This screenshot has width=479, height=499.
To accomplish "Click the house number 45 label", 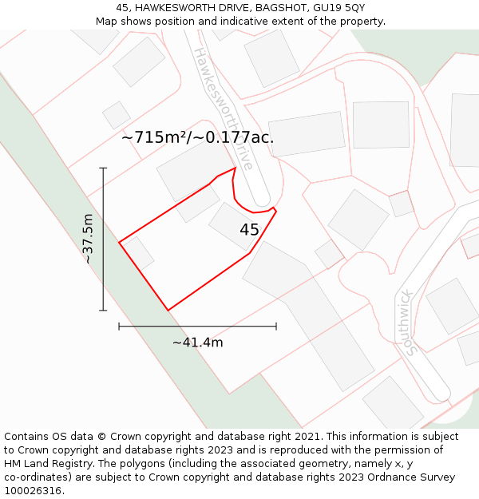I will pyautogui.click(x=249, y=230).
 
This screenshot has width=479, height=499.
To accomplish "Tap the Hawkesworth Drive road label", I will pyautogui.click(x=224, y=107).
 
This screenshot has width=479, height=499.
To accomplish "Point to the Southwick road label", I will pyautogui.click(x=408, y=322).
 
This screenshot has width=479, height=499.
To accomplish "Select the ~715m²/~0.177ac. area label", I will pyautogui.click(x=197, y=137).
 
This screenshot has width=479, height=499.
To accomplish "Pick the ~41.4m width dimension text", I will pyautogui.click(x=197, y=343).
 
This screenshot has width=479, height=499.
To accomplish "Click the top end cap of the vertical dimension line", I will pyautogui.click(x=103, y=168).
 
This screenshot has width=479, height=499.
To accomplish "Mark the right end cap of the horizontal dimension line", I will pyautogui.click(x=276, y=326).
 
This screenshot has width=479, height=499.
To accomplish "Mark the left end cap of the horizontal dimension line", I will pyautogui.click(x=119, y=326).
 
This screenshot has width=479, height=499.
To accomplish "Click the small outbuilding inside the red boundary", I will pyautogui.click(x=138, y=252).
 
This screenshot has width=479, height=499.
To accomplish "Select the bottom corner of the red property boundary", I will pyautogui.click(x=168, y=310).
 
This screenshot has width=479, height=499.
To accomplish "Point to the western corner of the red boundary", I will pyautogui.click(x=119, y=242).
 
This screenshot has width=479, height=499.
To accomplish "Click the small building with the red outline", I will pyautogui.click(x=401, y=204).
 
